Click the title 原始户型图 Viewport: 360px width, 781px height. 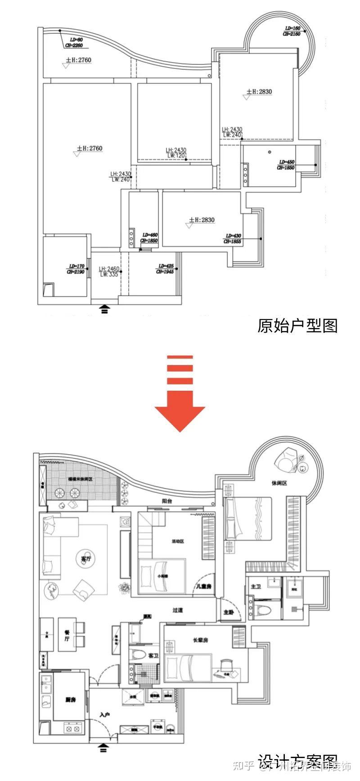coord(297,325)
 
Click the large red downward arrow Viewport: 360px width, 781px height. coord(180,396)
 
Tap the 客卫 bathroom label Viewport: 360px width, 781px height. coord(153,656)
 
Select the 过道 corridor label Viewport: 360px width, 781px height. coord(178,610)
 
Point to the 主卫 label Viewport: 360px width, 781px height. coord(256,587)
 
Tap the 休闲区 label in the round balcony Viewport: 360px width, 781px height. coord(279,483)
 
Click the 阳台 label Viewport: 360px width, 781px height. coord(167,501)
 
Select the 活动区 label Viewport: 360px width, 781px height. coord(178,541)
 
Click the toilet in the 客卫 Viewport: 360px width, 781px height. coord(137,654)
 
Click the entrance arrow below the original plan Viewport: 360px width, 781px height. coord(104,308)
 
